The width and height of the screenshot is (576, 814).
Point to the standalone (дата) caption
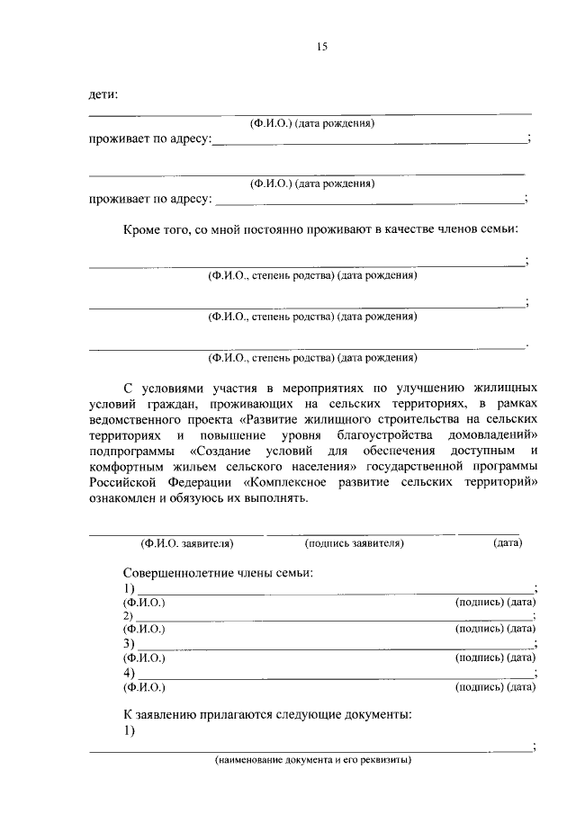(x=508, y=543)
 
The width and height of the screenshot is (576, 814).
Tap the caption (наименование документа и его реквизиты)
(x=312, y=760)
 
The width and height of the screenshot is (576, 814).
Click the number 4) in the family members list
(x=129, y=674)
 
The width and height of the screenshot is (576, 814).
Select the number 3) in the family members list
(x=129, y=645)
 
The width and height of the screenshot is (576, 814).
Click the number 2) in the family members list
(x=129, y=616)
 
